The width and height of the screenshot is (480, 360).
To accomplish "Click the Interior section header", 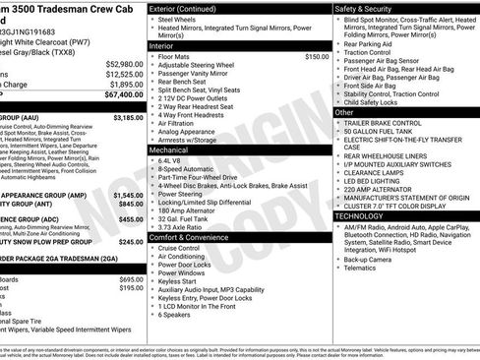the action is click(x=162, y=46).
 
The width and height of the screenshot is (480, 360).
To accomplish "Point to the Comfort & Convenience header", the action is click(x=192, y=237).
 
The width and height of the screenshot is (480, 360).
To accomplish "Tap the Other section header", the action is click(x=345, y=112).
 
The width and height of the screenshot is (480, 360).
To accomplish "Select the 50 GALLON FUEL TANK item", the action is click(x=390, y=133).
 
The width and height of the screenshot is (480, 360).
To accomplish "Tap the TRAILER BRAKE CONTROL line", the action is click(x=392, y=124).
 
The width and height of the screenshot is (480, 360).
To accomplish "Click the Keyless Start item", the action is click(x=177, y=280).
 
